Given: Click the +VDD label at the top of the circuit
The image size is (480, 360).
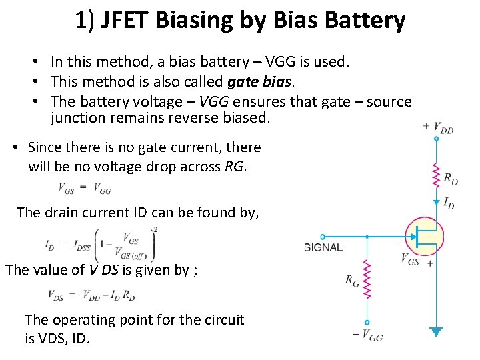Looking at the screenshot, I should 438,127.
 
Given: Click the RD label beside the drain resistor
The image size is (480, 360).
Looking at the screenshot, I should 451,179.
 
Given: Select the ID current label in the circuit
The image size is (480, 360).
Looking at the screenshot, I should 449,203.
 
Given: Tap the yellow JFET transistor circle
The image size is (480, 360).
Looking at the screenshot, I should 424,237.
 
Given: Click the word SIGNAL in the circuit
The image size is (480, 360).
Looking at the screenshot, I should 323,247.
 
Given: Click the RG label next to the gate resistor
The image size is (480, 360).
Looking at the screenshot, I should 352,281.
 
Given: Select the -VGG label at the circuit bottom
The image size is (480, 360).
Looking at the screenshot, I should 368,336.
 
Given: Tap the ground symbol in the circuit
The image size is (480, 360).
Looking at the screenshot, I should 437,331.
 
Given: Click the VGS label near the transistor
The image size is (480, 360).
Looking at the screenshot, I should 411,260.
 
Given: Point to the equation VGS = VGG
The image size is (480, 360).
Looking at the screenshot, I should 84,187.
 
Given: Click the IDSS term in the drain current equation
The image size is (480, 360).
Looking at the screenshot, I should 82,245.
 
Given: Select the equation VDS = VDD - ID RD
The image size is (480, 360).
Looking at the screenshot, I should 91,294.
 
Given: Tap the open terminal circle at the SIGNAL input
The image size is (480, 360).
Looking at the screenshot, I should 323,237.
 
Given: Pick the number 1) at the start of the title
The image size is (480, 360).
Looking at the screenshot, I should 85,21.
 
